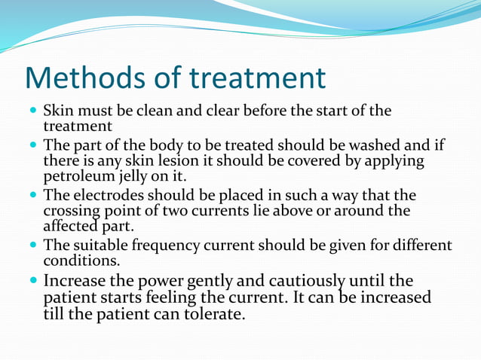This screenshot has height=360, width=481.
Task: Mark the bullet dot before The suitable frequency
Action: coord(32,246)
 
